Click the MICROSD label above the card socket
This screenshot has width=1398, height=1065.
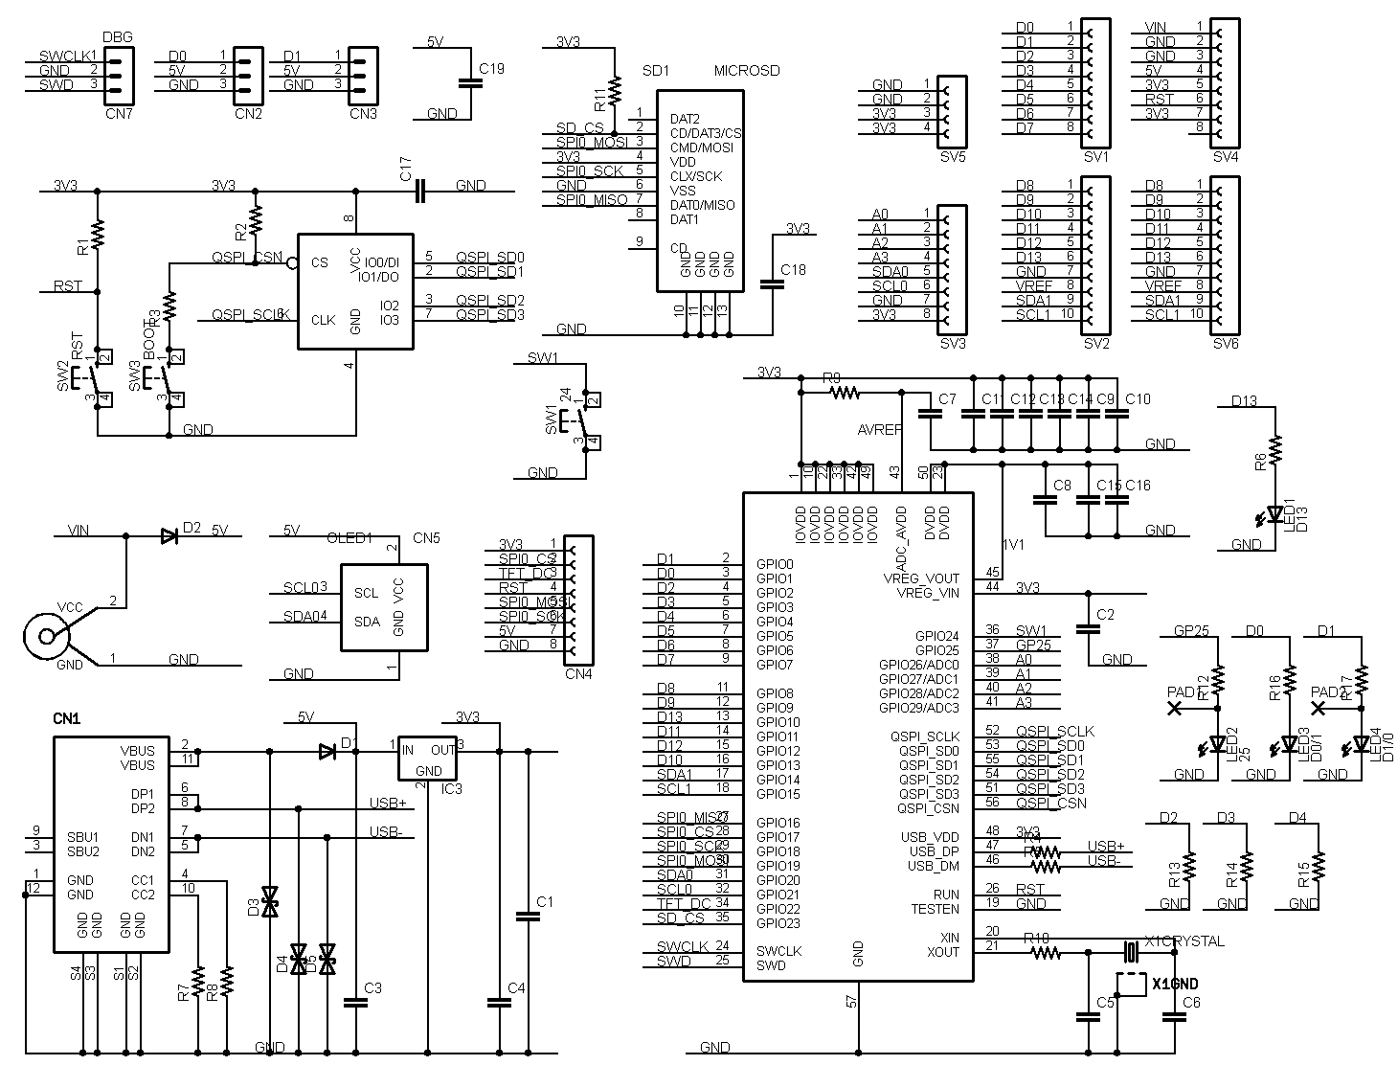coord(747,71)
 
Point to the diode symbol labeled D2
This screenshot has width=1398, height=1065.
coord(170,535)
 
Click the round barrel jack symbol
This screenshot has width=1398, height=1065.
coord(46,636)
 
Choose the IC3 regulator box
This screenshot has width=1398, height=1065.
coord(428,759)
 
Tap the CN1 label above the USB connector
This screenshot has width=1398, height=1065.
coord(66,717)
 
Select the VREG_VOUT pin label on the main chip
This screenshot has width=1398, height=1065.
coord(920,578)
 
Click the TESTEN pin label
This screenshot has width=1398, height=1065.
coord(935,909)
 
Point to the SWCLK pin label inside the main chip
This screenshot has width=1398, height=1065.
coord(778,951)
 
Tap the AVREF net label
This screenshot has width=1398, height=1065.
coord(880,430)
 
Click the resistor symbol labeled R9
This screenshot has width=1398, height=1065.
coord(846,392)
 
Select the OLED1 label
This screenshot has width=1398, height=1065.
coord(349,538)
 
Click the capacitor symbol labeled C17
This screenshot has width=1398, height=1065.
coord(419,193)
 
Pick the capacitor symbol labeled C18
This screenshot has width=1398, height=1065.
coord(771,283)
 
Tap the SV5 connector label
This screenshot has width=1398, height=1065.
coord(953,156)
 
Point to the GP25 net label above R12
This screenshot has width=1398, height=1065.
coord(1191,631)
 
